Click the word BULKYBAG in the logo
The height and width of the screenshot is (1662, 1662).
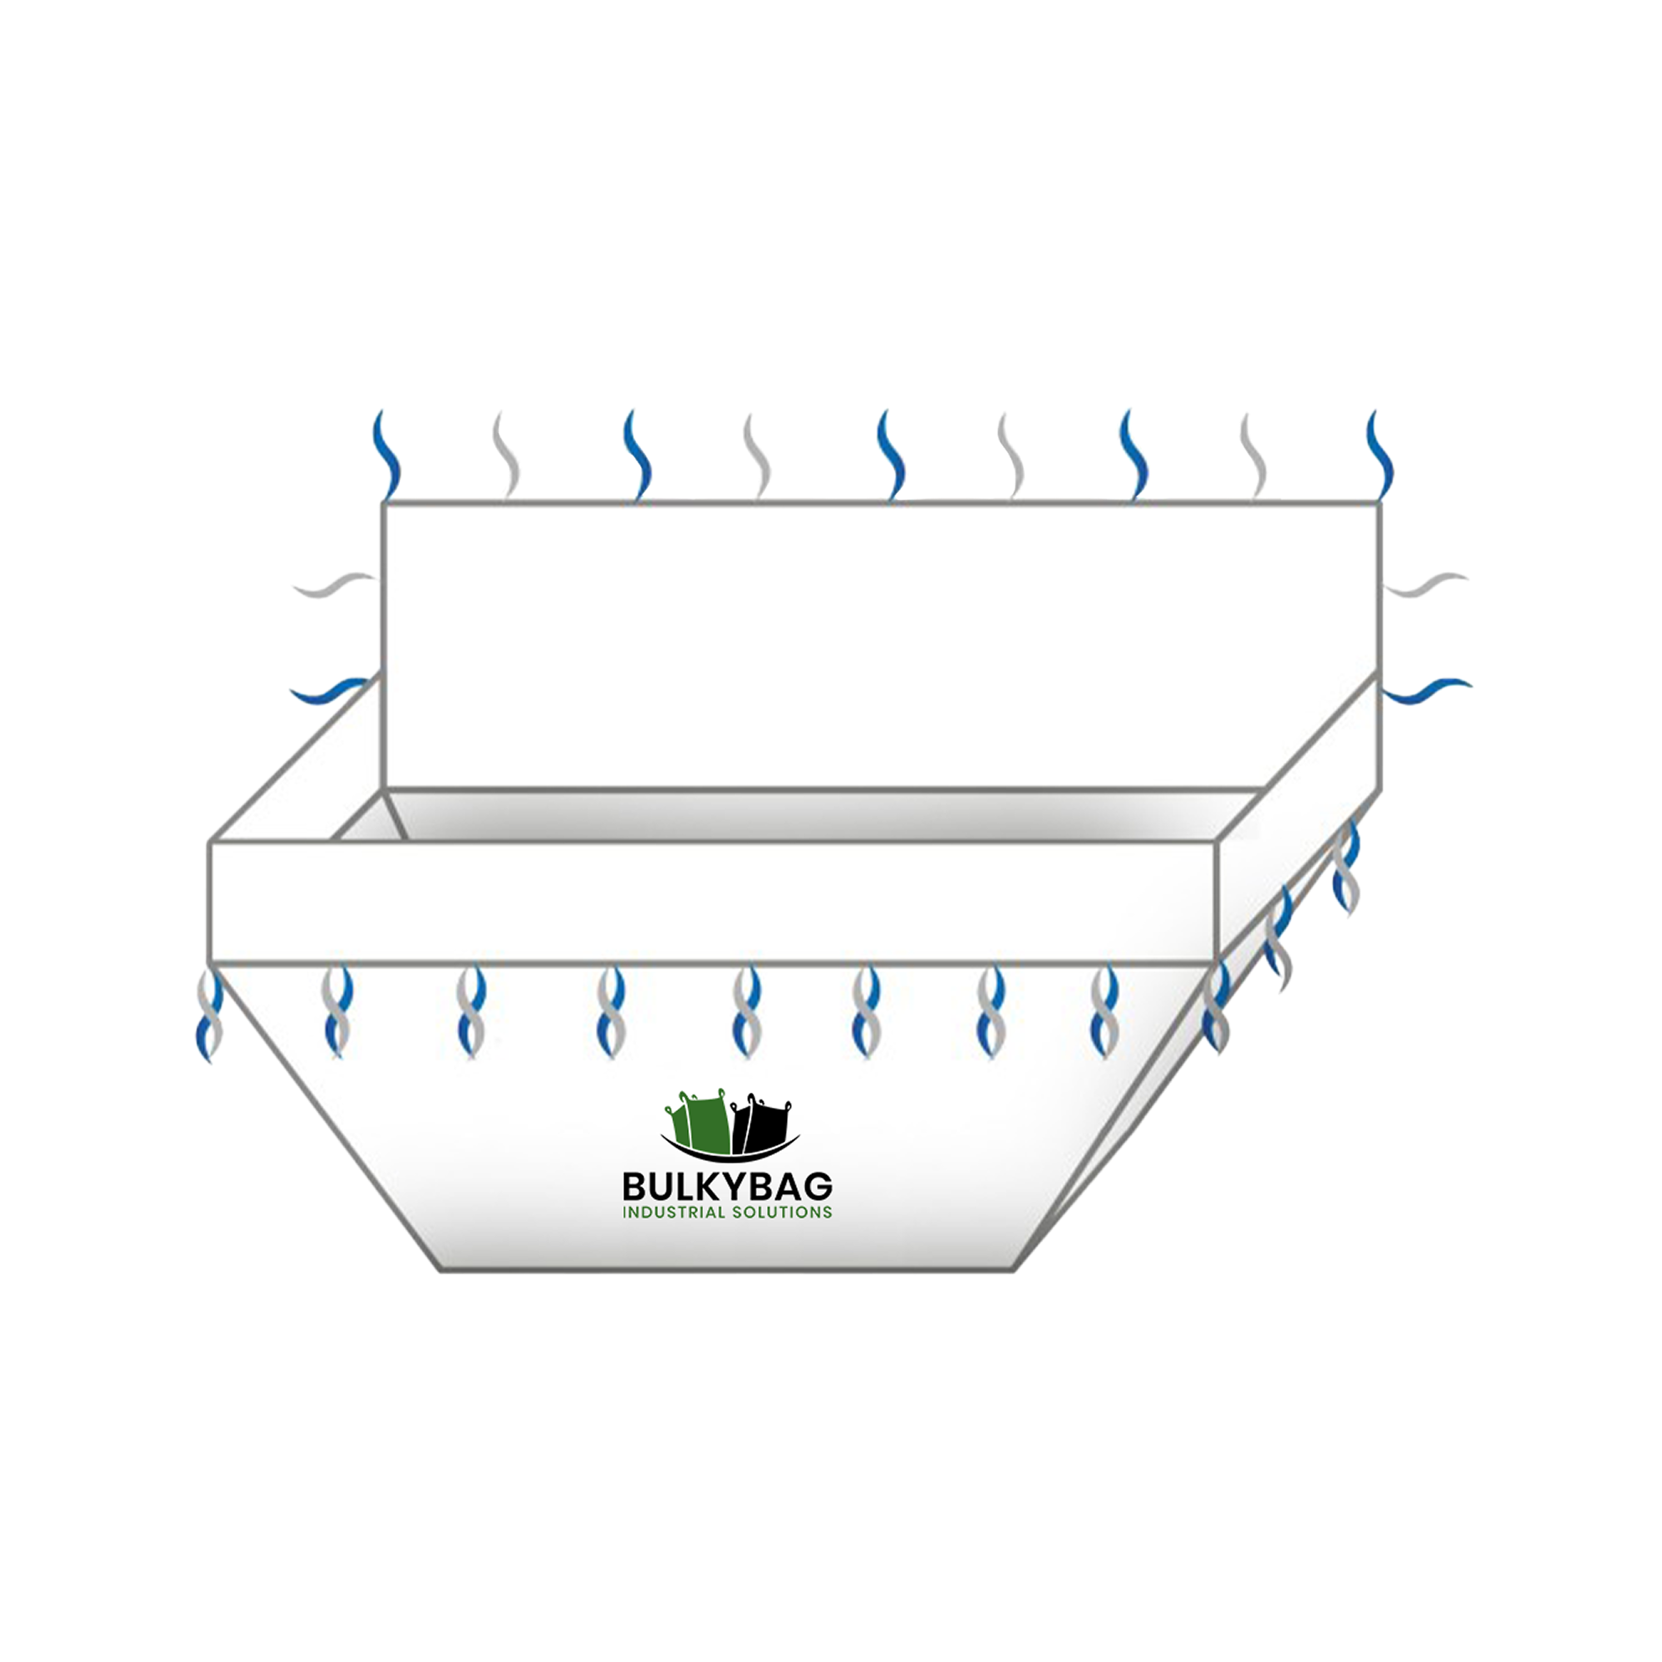coord(727,1187)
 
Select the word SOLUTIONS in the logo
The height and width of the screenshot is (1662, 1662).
coord(782,1212)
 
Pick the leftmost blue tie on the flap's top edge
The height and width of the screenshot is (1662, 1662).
coord(386,455)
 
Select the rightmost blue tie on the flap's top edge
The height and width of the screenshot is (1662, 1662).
coord(1379,455)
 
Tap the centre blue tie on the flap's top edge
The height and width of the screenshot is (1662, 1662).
coord(891,455)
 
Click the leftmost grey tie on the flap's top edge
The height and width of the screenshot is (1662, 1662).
coord(507,455)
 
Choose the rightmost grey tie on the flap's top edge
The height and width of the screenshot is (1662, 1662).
coord(1253,455)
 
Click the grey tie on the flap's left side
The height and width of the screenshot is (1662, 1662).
coord(334,585)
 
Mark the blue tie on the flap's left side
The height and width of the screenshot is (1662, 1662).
coord(332,690)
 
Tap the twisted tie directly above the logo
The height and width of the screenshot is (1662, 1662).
coord(747,1011)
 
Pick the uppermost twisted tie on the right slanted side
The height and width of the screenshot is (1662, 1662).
coord(1346,867)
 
